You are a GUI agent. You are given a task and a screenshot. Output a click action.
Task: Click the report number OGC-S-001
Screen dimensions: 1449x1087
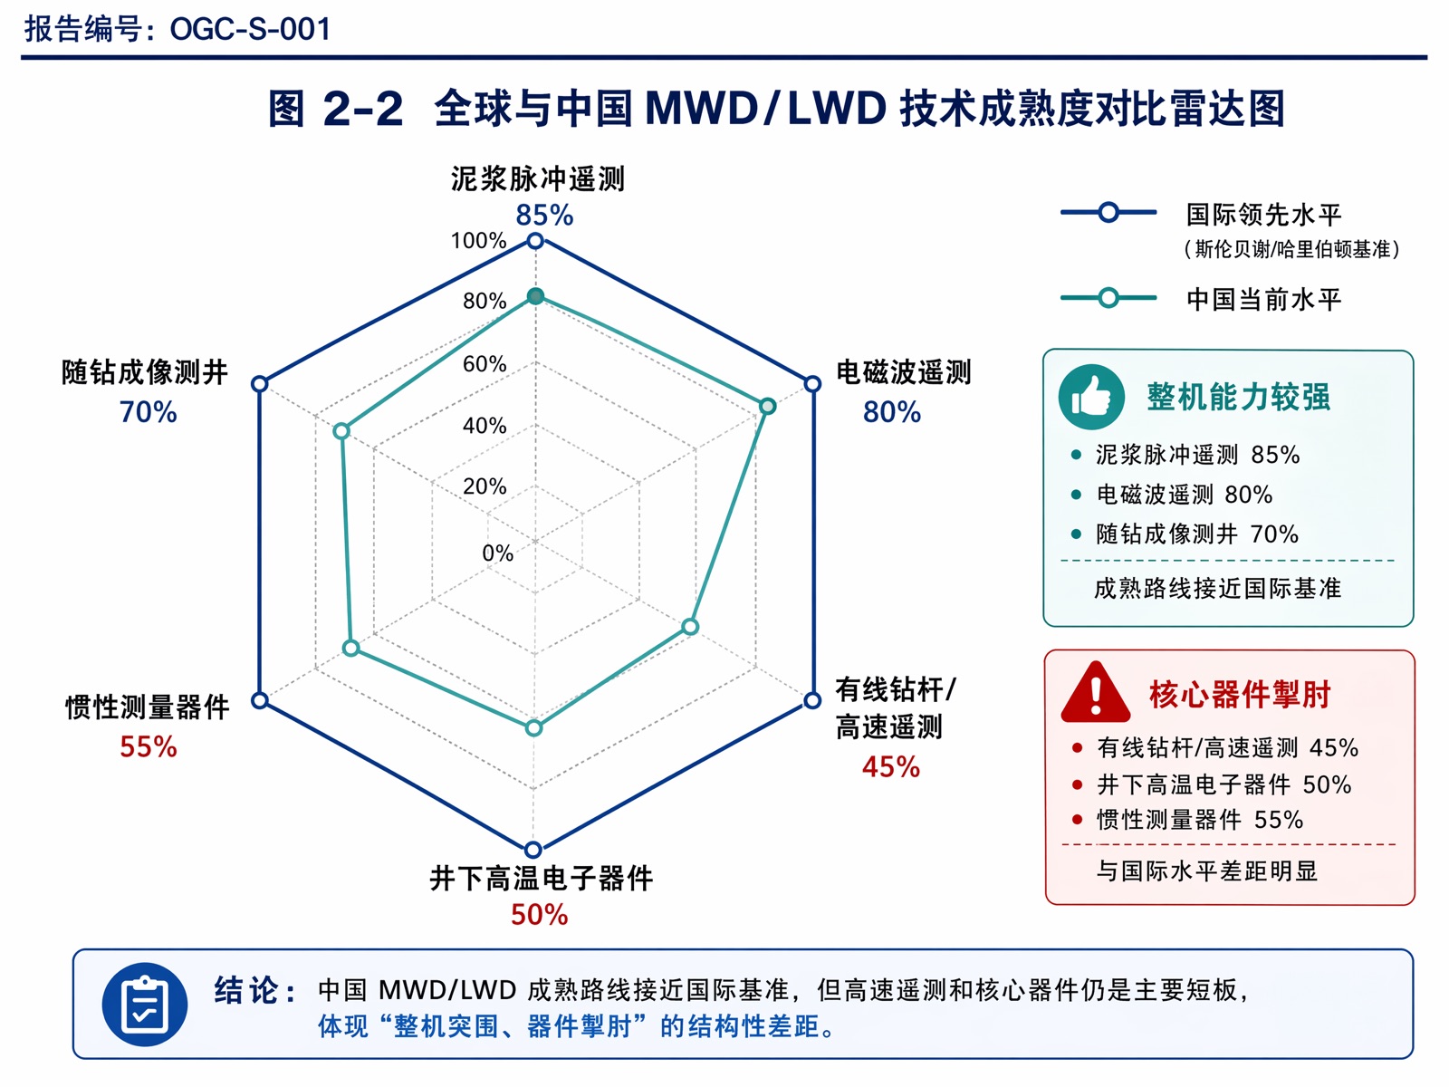[x=250, y=29]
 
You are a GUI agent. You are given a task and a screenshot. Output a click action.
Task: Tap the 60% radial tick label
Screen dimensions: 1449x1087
[x=485, y=363]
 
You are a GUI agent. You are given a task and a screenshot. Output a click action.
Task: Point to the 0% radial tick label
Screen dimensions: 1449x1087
[x=498, y=553]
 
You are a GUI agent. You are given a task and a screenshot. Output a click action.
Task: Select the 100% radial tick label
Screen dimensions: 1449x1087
[x=478, y=240]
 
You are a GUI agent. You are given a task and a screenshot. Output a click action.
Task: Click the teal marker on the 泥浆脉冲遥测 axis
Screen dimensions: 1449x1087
[x=536, y=296]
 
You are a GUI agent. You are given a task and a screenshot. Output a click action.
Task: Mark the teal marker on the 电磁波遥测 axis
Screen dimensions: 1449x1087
[x=767, y=406]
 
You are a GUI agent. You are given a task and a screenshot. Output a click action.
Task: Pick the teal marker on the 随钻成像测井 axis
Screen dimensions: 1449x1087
[x=341, y=432]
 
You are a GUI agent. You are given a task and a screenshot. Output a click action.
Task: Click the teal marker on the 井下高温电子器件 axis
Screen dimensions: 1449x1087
[x=534, y=728]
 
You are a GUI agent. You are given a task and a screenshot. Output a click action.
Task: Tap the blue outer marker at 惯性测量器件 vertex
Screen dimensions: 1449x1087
[x=260, y=700]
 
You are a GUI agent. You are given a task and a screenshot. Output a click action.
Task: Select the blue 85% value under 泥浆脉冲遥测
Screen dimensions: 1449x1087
[x=544, y=216]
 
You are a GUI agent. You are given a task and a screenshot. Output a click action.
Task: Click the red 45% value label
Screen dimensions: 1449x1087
[x=890, y=767]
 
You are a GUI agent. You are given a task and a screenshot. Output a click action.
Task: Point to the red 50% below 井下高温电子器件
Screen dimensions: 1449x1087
[x=540, y=915]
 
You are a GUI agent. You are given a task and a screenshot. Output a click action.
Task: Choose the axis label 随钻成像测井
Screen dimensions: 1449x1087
[x=145, y=372]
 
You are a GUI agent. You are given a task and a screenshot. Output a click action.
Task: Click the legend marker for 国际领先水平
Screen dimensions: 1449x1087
[x=1109, y=213]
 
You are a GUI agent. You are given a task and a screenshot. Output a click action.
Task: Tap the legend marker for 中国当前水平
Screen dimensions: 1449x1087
[x=1109, y=298]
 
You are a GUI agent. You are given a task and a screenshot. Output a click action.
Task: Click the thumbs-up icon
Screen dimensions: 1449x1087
[x=1091, y=398]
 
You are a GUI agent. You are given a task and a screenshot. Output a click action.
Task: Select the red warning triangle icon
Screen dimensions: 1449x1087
[x=1096, y=693]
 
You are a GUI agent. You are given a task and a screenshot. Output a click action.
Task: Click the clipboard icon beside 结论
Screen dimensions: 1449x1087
[x=145, y=1005]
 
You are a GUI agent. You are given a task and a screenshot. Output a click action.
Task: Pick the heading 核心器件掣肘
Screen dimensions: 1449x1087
[x=1240, y=694]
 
